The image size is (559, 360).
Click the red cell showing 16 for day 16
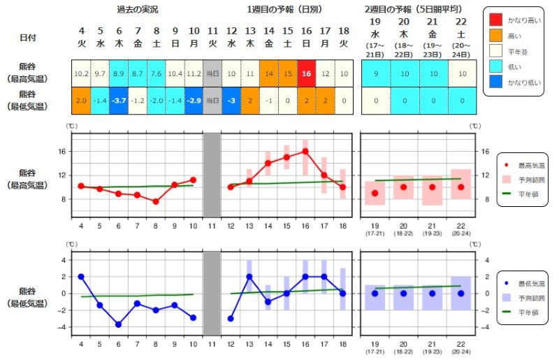point(305,73)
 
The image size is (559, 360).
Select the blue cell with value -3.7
point(118,100)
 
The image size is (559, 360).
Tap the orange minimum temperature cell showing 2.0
point(81,100)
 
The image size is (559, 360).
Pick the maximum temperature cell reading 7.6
point(156,73)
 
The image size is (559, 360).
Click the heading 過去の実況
point(137,10)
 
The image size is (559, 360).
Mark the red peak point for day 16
point(305,151)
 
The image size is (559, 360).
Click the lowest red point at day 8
point(156,201)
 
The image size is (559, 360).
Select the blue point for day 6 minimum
point(118,324)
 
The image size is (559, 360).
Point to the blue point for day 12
point(231,318)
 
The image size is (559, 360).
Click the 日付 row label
point(29,38)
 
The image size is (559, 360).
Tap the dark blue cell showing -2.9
point(194,100)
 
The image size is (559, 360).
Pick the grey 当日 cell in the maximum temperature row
point(212,73)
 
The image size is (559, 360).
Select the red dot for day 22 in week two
point(461,187)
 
